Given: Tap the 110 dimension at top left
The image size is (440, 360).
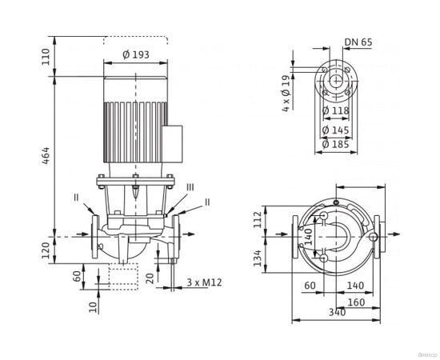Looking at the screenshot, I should tap(46, 55).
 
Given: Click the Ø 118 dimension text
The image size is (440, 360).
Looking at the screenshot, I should tap(335, 110).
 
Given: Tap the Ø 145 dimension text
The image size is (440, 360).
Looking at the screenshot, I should tap(335, 130).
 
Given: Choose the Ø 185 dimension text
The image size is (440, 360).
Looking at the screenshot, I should tap(335, 144).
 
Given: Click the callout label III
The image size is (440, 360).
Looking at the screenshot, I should tap(190, 186).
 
